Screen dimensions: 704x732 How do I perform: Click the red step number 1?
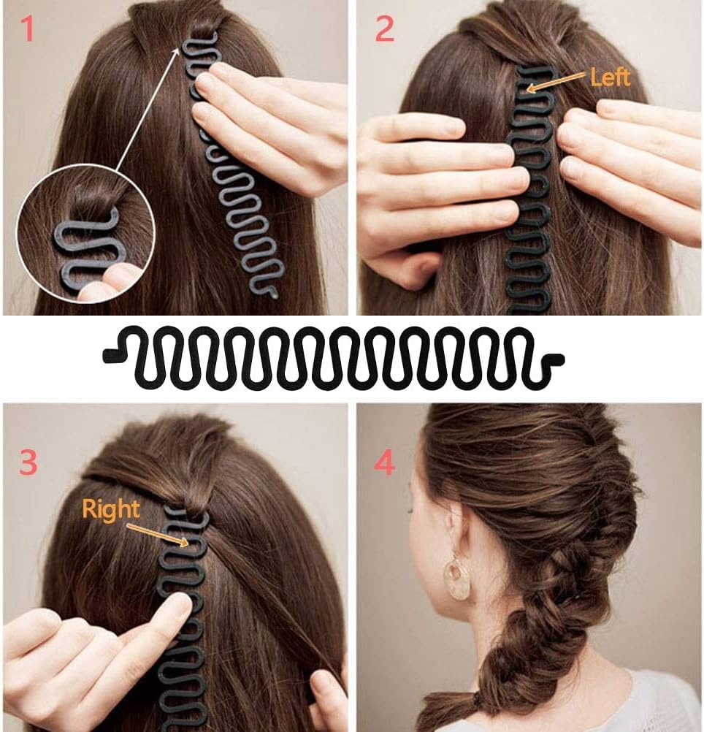click(28, 29)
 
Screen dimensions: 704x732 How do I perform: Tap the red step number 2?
click(384, 29)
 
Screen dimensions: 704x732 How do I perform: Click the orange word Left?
click(610, 77)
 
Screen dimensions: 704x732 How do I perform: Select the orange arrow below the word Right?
click(158, 535)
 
